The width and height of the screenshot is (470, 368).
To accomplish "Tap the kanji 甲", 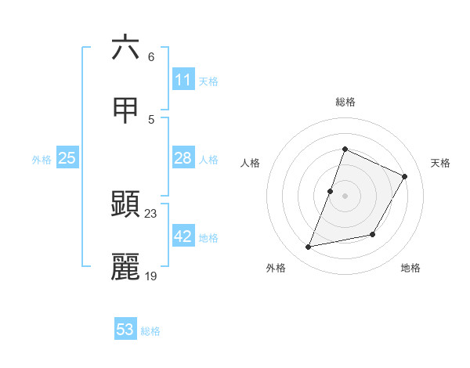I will tap(125, 111).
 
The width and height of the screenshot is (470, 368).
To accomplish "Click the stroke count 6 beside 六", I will tap(150, 57).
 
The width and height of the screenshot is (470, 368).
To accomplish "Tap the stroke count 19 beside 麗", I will tap(151, 276).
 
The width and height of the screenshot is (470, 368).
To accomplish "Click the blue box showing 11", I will tap(183, 80).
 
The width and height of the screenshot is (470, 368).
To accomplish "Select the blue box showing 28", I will tap(183, 159).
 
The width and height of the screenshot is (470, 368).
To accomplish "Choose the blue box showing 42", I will tap(183, 237).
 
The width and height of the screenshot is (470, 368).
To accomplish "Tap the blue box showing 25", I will tap(67, 159).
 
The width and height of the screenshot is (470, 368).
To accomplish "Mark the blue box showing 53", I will tap(125, 330).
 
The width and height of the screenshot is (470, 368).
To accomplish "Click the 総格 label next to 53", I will tap(150, 331).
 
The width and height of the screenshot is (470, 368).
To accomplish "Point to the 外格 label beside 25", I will tap(42, 160).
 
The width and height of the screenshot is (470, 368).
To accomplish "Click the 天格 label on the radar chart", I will tap(440, 163).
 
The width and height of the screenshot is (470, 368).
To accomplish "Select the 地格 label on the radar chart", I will tap(410, 268).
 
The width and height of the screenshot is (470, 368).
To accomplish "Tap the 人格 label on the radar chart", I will tap(250, 163).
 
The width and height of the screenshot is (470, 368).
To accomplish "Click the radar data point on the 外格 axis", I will tap(309, 247).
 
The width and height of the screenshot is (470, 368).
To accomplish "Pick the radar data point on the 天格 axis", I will tap(405, 176).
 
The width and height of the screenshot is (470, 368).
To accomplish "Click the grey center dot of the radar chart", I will tap(345, 196).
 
